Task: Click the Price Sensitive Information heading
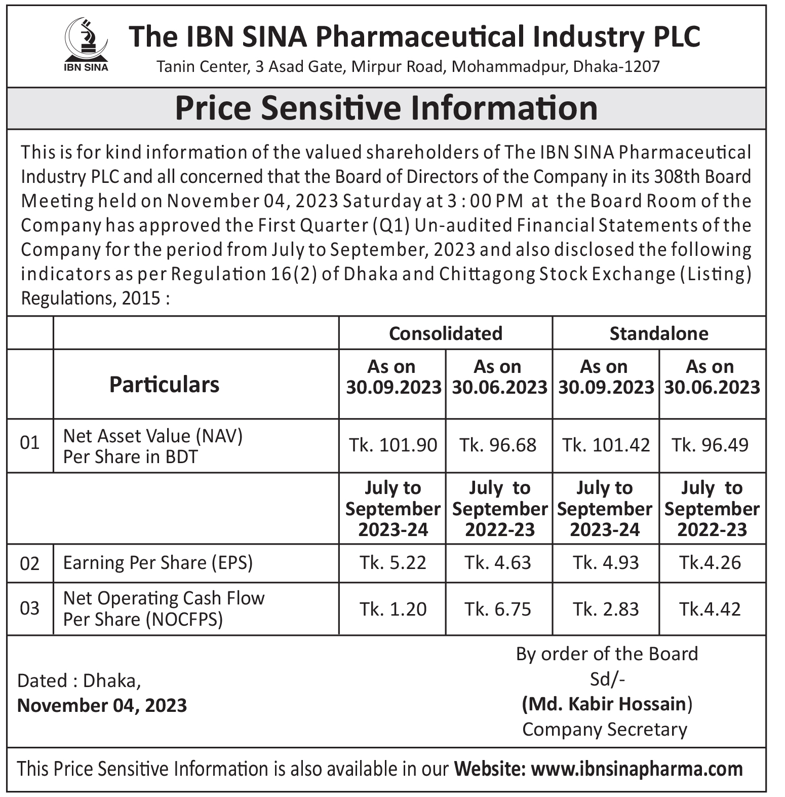click(x=386, y=108)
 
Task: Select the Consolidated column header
click(x=446, y=333)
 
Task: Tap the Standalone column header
click(x=659, y=333)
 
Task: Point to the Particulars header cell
click(x=165, y=384)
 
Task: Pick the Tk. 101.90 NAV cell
click(x=393, y=445)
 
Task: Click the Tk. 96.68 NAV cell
click(x=498, y=445)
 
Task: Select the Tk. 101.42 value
click(x=606, y=445)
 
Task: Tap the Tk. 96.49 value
click(x=710, y=445)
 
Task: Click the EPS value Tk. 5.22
click(x=393, y=562)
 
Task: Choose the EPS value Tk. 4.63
click(x=498, y=562)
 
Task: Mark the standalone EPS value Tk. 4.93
click(x=606, y=562)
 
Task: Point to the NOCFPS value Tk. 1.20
click(x=393, y=609)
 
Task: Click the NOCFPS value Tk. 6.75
click(x=498, y=609)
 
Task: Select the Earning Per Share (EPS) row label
click(x=158, y=563)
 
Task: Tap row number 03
click(x=29, y=608)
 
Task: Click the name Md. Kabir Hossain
click(x=607, y=704)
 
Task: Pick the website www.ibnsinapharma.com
click(x=637, y=769)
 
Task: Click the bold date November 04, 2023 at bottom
click(x=102, y=705)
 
